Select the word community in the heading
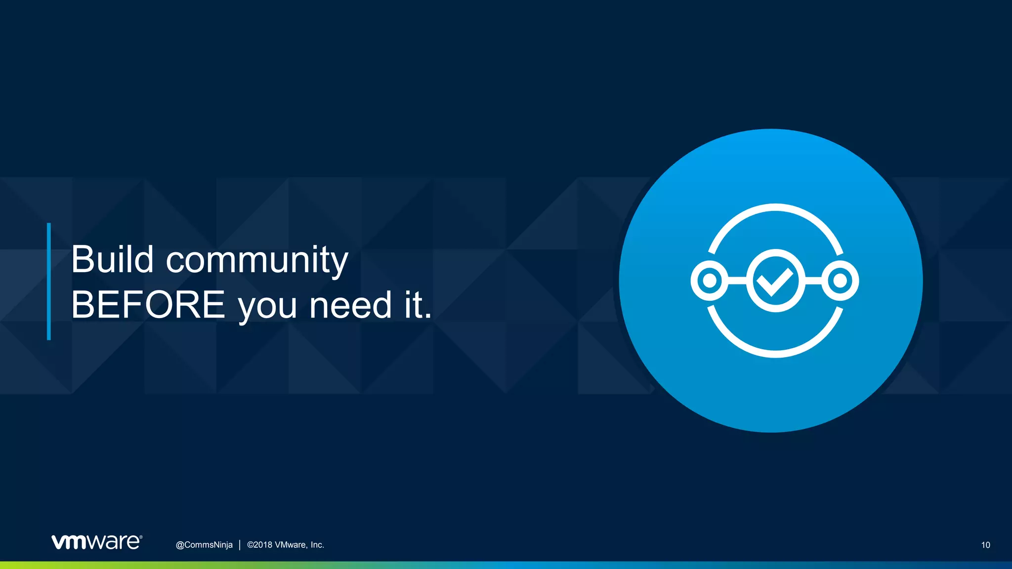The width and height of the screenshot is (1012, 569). click(x=257, y=260)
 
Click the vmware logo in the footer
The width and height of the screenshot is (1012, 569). click(x=97, y=542)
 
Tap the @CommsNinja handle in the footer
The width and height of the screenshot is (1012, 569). click(x=204, y=545)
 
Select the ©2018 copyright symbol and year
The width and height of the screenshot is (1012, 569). click(x=259, y=545)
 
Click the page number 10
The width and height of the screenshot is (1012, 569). click(x=985, y=545)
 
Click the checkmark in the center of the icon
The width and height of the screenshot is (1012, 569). click(x=775, y=281)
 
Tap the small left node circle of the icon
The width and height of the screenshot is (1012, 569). click(x=710, y=281)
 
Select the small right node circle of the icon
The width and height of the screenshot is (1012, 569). click(x=840, y=281)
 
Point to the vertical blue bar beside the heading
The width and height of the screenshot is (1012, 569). click(x=49, y=281)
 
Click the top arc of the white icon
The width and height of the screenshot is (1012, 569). click(x=775, y=207)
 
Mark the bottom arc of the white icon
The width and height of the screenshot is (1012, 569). click(x=775, y=354)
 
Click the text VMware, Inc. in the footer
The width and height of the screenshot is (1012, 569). click(x=299, y=545)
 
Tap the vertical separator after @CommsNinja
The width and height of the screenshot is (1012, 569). click(x=240, y=545)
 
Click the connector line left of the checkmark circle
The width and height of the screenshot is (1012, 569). click(x=737, y=281)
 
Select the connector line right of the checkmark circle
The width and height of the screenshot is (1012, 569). click(x=813, y=281)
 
